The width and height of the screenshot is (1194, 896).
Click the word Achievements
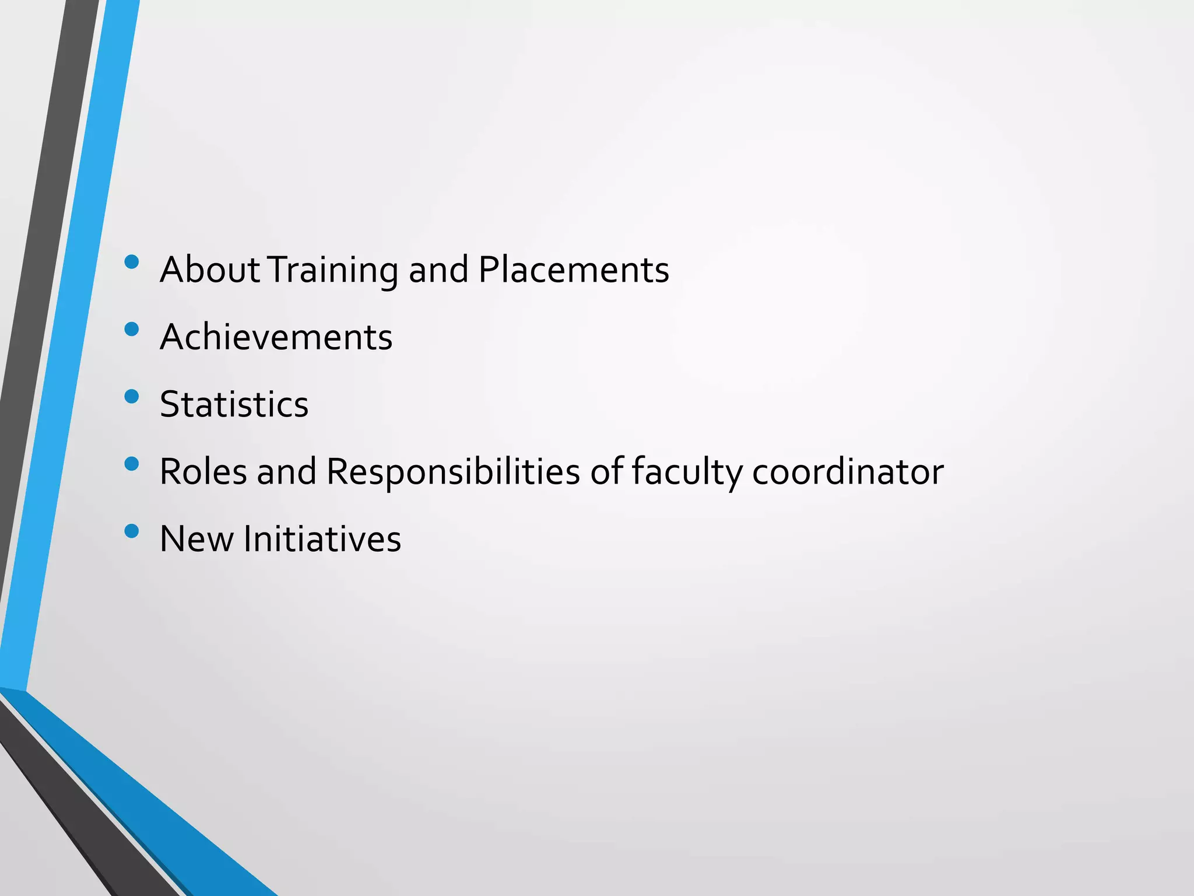coord(276,337)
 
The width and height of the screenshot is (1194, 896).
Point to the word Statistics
coord(234,404)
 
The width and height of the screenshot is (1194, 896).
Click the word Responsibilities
coord(453,473)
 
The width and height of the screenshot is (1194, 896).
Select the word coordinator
coord(848,471)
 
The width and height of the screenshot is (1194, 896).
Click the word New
coord(196,538)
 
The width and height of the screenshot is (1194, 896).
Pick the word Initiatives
coord(322,538)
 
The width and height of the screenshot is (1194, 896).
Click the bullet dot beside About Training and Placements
coord(132,262)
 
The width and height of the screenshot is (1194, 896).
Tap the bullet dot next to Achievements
coord(132,330)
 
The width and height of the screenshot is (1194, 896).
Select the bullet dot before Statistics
coord(132,397)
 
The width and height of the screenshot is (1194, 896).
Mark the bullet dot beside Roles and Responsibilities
coord(132,464)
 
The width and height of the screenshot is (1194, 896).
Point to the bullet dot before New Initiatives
coord(132,531)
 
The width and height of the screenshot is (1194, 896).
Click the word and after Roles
coord(286,471)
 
